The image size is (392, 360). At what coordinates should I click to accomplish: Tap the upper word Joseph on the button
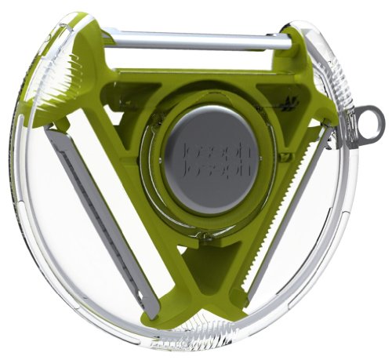(217, 151)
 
